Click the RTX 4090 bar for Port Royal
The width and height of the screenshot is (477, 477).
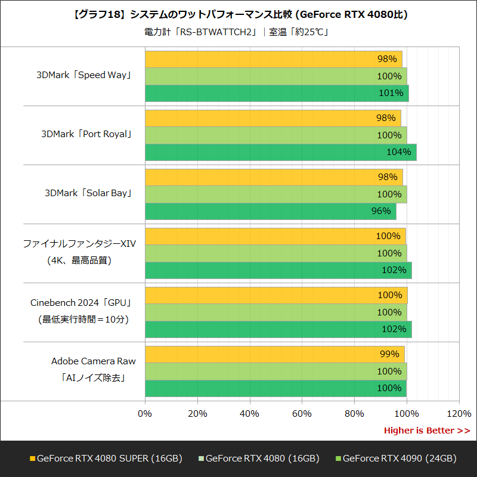pos(280,152)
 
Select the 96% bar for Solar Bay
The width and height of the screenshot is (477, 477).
pos(270,211)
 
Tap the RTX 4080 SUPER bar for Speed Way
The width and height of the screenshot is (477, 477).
pos(273,59)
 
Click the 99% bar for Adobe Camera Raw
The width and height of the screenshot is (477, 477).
pos(274,354)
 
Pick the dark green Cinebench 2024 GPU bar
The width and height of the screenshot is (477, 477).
pos(278,329)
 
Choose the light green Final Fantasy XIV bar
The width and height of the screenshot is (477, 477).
pos(275,253)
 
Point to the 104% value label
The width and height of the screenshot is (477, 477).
pos(398,152)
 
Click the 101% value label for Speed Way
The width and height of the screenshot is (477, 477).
pos(391,93)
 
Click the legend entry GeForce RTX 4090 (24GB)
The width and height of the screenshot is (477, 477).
pos(399,459)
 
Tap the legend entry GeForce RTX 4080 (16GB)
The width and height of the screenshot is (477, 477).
pos(262,459)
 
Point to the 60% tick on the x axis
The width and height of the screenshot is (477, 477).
pos(302,414)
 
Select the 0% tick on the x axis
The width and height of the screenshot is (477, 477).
pos(145,414)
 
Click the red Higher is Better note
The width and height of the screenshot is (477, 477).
pos(426,430)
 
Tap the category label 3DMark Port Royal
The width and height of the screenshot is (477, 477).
pos(86,135)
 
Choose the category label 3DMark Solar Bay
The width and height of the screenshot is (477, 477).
pos(88,194)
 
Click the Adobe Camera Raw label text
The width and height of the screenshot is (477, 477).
pos(93,361)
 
